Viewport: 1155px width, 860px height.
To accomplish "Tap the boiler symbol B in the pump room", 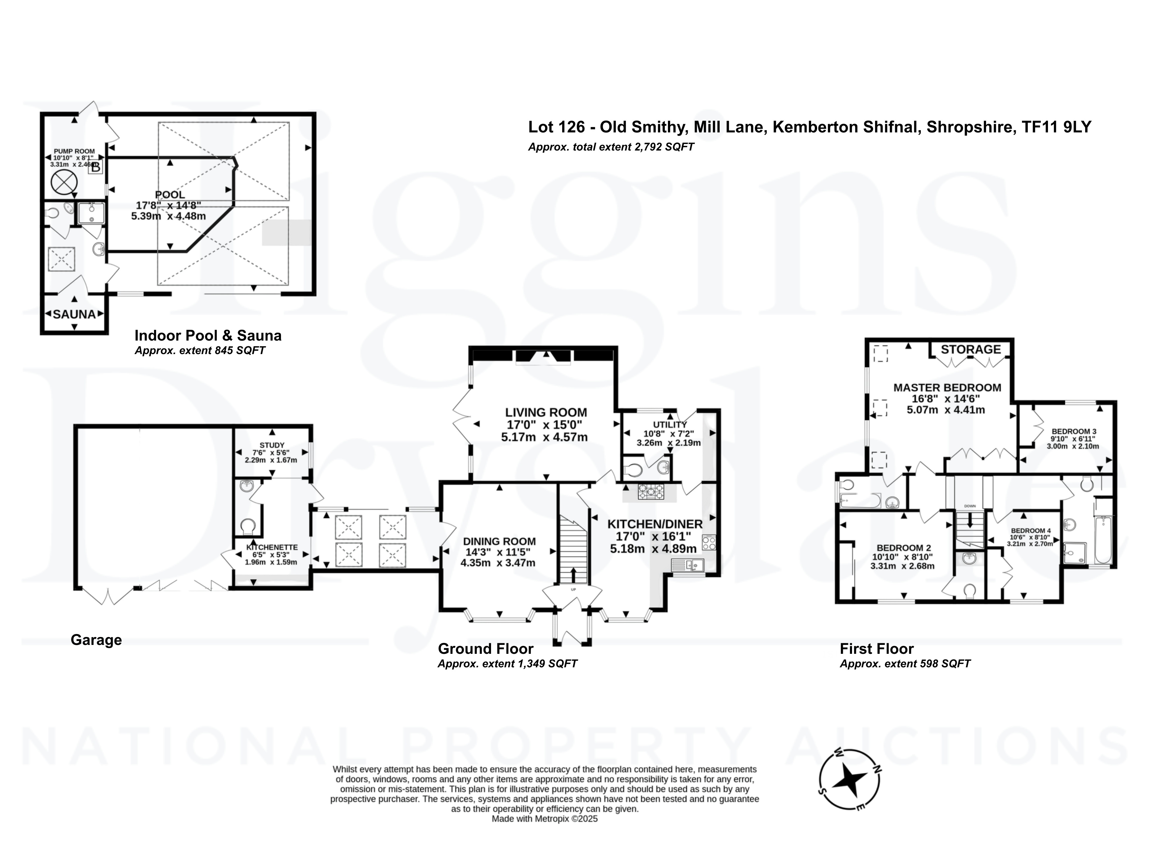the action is (96, 167).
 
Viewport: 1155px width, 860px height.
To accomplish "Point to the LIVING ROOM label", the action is (546, 413).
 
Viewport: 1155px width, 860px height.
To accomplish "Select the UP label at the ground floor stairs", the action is (574, 590).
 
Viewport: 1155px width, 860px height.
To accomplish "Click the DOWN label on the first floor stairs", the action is (969, 506).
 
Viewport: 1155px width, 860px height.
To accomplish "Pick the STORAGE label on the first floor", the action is (971, 349).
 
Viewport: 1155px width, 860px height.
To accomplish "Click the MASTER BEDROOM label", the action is (947, 387).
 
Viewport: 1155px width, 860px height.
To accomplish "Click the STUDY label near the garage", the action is (272, 445).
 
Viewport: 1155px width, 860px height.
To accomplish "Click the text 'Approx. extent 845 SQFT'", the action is (200, 350).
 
